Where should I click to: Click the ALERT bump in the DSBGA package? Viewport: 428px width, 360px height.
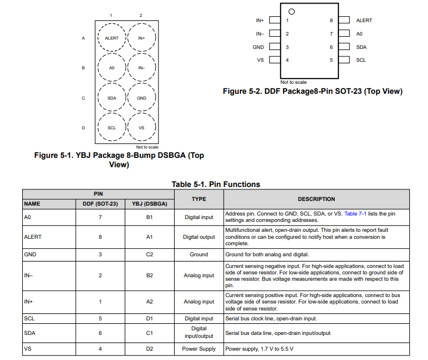click(x=112, y=38)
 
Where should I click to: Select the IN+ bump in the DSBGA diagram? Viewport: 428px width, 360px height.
click(x=142, y=38)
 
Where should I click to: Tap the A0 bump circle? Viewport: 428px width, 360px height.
click(x=112, y=68)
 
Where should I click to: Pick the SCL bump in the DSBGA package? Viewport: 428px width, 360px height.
click(x=112, y=128)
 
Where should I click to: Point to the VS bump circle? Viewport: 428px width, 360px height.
click(x=142, y=128)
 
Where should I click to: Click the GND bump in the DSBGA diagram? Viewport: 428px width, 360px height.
click(x=142, y=98)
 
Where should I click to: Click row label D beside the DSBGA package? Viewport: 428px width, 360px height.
click(x=83, y=128)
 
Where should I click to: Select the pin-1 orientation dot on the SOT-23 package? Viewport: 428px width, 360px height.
click(x=292, y=11)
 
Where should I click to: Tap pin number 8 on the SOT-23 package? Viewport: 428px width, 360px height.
click(x=331, y=20)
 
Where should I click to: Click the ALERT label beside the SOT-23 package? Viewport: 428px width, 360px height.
click(x=364, y=20)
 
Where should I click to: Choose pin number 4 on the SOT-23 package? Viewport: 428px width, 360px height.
click(x=287, y=60)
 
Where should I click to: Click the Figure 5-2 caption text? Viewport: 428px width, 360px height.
click(x=313, y=91)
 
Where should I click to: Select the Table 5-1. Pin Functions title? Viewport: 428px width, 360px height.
click(x=215, y=184)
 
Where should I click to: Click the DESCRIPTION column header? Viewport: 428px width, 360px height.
click(x=316, y=199)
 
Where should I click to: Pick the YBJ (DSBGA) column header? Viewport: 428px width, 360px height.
click(x=150, y=204)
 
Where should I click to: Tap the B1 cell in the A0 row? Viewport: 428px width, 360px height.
click(x=150, y=217)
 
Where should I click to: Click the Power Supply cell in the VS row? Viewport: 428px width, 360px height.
click(x=199, y=349)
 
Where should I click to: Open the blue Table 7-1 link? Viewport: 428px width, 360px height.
click(x=355, y=214)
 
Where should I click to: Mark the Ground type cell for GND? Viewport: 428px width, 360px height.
click(x=199, y=255)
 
